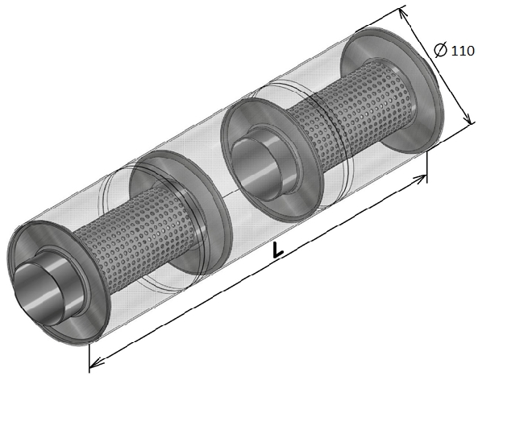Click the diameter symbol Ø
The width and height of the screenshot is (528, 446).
click(441, 49)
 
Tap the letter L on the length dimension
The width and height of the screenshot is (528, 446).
click(278, 250)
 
